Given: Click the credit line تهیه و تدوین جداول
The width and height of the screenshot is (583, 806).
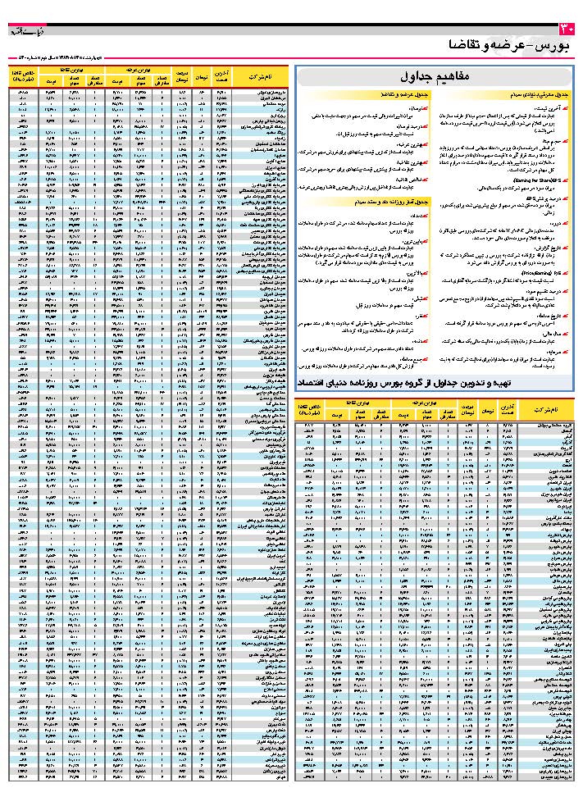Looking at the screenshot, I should pos(430,382).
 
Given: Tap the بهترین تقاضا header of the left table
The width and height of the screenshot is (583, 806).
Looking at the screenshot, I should pos(71,73).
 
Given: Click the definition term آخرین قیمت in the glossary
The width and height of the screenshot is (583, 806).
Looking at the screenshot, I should pos(553,107).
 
